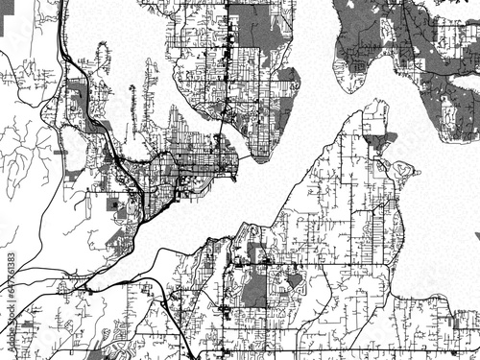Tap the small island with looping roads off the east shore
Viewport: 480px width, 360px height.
tap(401, 174)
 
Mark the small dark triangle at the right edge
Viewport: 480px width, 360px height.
tap(476, 236)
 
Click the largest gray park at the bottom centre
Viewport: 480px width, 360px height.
tap(254, 289)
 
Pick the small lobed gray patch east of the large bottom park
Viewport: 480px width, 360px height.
tap(294, 279)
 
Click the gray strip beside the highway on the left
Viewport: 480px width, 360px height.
tap(77, 96)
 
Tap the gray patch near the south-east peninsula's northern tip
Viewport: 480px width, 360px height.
tap(377, 141)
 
